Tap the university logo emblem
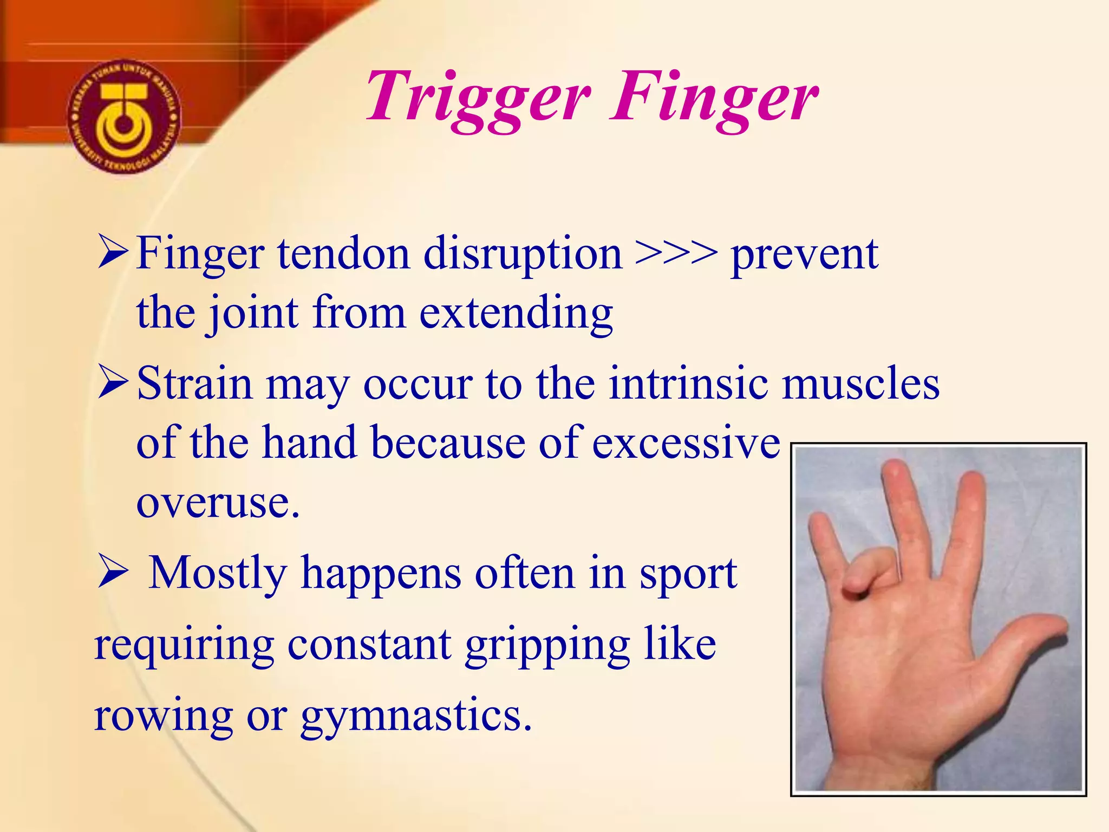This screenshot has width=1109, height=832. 124,116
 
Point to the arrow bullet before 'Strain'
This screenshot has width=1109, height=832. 113,383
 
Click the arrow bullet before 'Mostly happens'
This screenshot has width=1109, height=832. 113,573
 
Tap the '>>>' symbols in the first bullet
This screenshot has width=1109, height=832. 676,253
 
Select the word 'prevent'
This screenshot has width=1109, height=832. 804,255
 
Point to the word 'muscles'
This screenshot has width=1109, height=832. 860,383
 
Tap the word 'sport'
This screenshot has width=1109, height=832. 688,574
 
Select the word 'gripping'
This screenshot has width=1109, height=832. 547,646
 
